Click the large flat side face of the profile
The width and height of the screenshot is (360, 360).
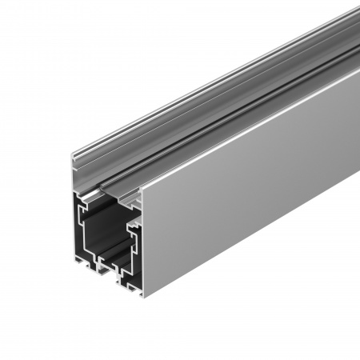coord(240,184)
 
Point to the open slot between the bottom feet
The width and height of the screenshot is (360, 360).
coord(107,272)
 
